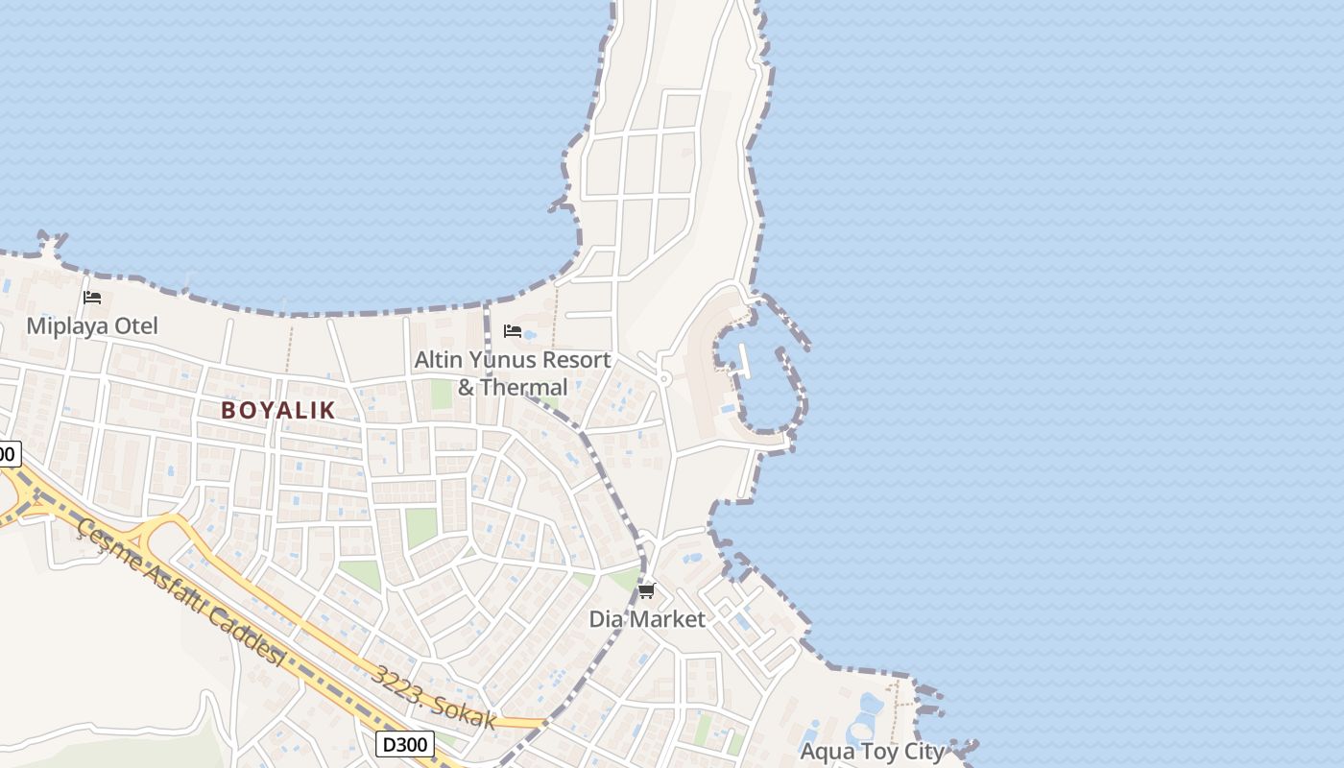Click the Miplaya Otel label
(x=92, y=325)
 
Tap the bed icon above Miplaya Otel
(x=92, y=298)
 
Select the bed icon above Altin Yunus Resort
(x=513, y=331)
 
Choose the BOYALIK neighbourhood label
(x=278, y=410)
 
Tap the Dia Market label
(x=647, y=619)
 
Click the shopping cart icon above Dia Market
(x=647, y=590)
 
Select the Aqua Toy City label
(x=872, y=751)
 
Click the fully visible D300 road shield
(x=404, y=743)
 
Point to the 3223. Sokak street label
(x=435, y=697)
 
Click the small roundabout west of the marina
(x=663, y=379)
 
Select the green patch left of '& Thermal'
(x=441, y=394)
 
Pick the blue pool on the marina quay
(x=728, y=409)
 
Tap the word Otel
(x=136, y=325)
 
